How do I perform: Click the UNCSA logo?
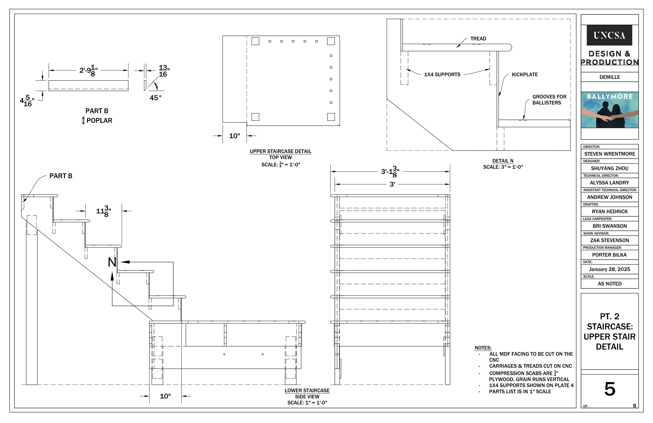[609, 35]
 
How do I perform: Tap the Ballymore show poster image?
[609, 110]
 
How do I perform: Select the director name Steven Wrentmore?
[609, 154]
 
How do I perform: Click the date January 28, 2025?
[609, 269]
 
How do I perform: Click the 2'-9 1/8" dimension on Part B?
[88, 70]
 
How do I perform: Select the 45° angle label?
[155, 98]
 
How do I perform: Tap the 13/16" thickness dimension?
[164, 71]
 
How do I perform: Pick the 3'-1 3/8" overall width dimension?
[390, 172]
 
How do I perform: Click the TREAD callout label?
[478, 39]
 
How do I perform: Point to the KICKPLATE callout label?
[525, 74]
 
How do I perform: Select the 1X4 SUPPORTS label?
[442, 74]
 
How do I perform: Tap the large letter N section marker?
[112, 262]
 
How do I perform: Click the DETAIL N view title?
[503, 161]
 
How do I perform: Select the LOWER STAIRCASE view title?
[307, 390]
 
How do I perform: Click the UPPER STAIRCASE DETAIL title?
[280, 151]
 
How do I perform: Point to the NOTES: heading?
[483, 348]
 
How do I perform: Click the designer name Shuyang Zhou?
[609, 168]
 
